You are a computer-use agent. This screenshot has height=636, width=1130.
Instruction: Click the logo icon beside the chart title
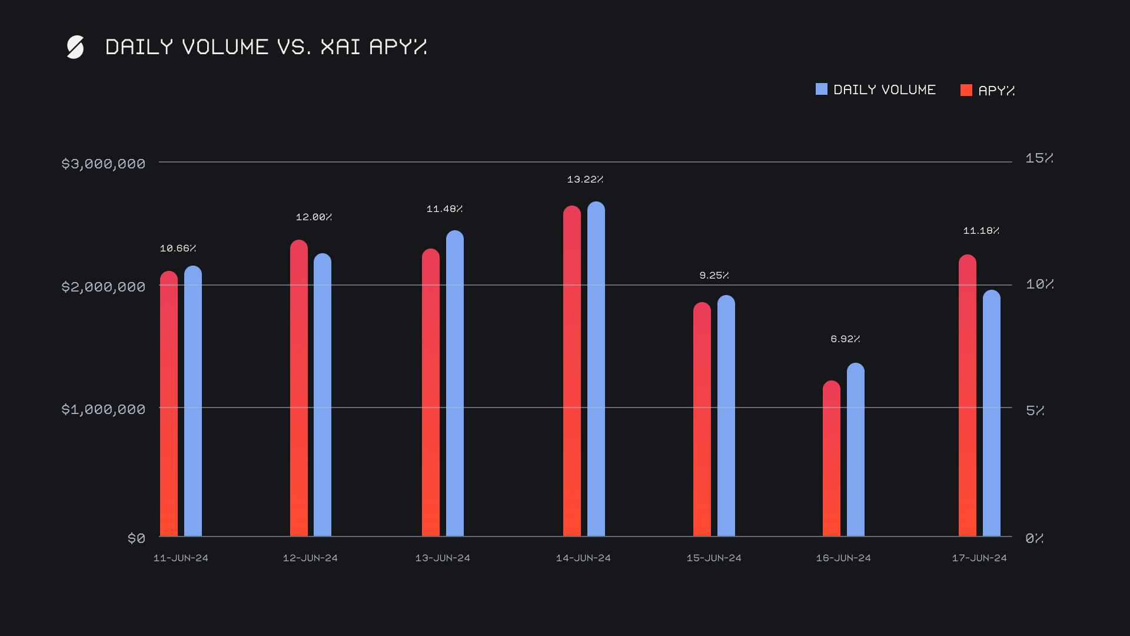(x=75, y=47)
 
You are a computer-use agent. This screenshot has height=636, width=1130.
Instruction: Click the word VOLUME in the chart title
(x=225, y=47)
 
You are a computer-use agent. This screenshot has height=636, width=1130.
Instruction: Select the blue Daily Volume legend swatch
(x=821, y=90)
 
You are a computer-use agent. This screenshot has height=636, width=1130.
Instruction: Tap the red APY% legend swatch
(x=966, y=90)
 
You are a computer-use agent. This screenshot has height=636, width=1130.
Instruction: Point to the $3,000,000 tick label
(x=104, y=164)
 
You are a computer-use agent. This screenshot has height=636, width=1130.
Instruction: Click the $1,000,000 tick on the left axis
(x=104, y=409)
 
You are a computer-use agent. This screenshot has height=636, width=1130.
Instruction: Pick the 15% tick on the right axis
(x=1039, y=158)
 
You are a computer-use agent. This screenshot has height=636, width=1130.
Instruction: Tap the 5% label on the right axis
(x=1035, y=410)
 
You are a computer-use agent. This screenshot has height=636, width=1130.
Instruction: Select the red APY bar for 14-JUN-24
(x=572, y=371)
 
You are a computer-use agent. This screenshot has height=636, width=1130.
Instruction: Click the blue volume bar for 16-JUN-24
(x=856, y=450)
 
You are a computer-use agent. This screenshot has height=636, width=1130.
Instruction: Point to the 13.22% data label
(x=585, y=180)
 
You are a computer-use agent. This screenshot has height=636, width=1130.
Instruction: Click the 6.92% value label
(x=845, y=339)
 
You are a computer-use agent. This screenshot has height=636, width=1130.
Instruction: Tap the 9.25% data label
(x=714, y=276)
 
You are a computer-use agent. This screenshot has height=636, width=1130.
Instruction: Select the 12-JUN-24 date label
(x=310, y=558)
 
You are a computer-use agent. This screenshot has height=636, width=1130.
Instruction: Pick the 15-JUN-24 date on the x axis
(x=714, y=558)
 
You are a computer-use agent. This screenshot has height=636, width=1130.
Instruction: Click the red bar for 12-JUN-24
(x=299, y=389)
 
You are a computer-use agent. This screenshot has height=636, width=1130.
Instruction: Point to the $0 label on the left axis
(x=137, y=538)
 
